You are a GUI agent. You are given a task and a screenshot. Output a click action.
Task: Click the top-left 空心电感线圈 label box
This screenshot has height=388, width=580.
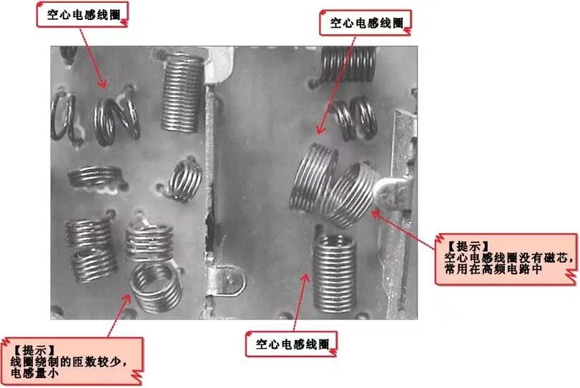pos(82,14)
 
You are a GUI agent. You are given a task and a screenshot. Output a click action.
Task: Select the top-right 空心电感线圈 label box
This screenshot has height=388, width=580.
pos(365,23)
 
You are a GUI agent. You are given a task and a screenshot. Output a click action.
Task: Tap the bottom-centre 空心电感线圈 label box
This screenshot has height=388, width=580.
pos(291,344)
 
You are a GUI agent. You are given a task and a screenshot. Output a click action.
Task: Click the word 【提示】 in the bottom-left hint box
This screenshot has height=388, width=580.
pos(34,350)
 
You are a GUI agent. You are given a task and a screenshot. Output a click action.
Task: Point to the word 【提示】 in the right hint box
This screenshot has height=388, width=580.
pos(468,246)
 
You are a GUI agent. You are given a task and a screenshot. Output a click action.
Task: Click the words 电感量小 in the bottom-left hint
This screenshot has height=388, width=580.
pos(34,372)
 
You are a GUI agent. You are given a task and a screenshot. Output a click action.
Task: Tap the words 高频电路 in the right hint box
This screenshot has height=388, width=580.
pos(506,269)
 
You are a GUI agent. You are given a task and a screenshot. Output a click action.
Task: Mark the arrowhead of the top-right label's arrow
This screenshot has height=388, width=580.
pos(320,129)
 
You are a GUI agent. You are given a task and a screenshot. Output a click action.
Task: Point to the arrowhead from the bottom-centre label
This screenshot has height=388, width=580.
pos(305,277)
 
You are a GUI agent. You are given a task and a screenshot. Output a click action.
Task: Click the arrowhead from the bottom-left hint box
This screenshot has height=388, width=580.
pos(127,298)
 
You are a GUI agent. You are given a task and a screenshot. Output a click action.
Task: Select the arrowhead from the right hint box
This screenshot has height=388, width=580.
pos(375,213)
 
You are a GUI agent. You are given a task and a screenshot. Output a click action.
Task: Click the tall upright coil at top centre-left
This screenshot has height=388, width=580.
pos(182,92)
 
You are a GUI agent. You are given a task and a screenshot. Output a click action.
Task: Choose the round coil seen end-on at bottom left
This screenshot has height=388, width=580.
pos(156,286)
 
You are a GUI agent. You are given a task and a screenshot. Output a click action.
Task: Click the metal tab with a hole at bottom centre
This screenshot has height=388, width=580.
pos(227,281)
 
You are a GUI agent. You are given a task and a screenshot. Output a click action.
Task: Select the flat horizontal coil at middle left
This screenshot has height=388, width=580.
pos(95,176)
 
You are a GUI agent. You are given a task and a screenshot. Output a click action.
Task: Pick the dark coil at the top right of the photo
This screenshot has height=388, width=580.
pos(348,64)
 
